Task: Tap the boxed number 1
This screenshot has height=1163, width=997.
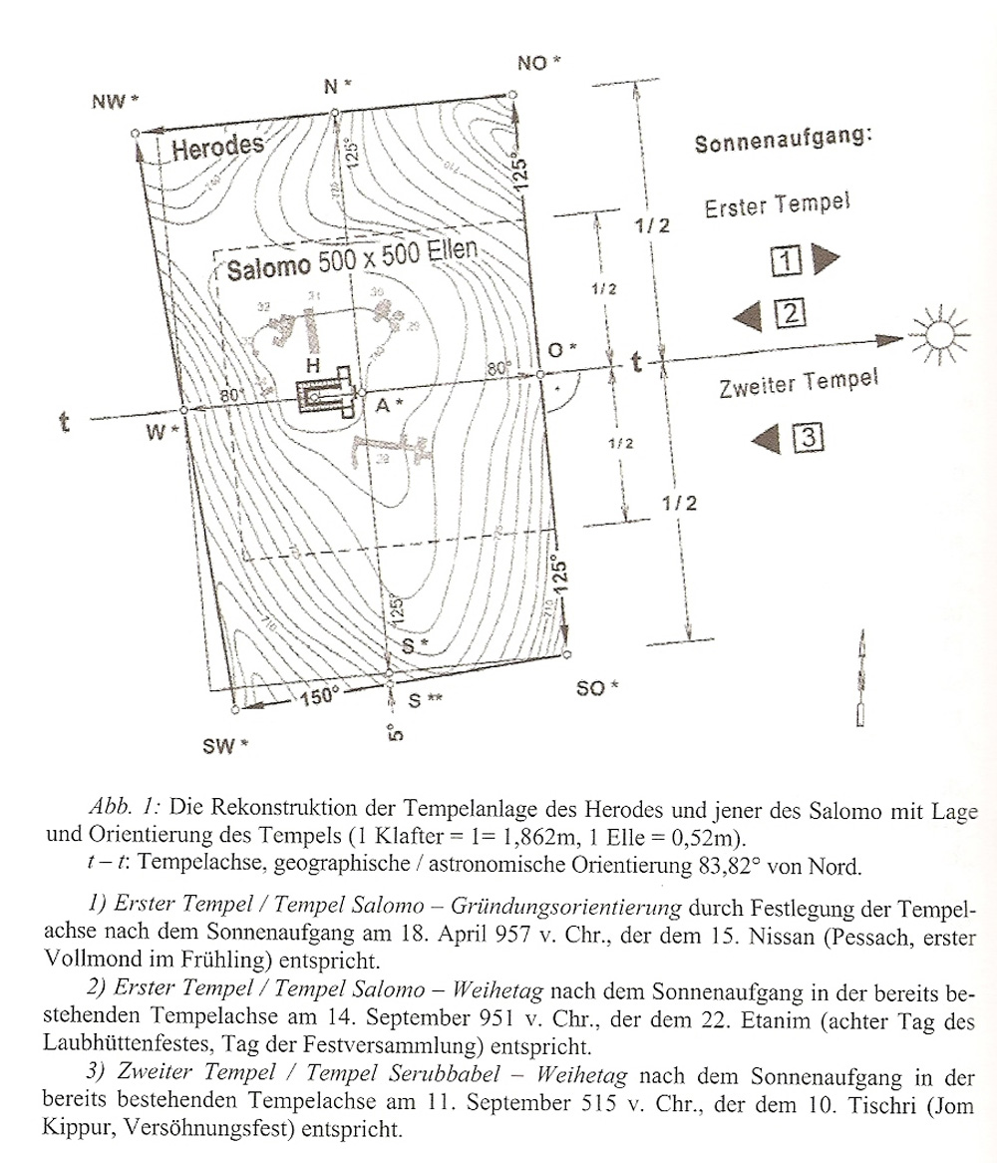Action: click(787, 261)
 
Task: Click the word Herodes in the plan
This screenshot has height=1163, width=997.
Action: click(217, 150)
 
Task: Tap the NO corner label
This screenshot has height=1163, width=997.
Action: click(538, 64)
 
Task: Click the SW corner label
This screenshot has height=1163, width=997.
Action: click(225, 745)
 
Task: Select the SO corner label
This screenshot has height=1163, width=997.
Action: click(597, 688)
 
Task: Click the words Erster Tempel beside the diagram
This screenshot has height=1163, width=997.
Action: click(777, 207)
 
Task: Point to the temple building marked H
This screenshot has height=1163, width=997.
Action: click(328, 397)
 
